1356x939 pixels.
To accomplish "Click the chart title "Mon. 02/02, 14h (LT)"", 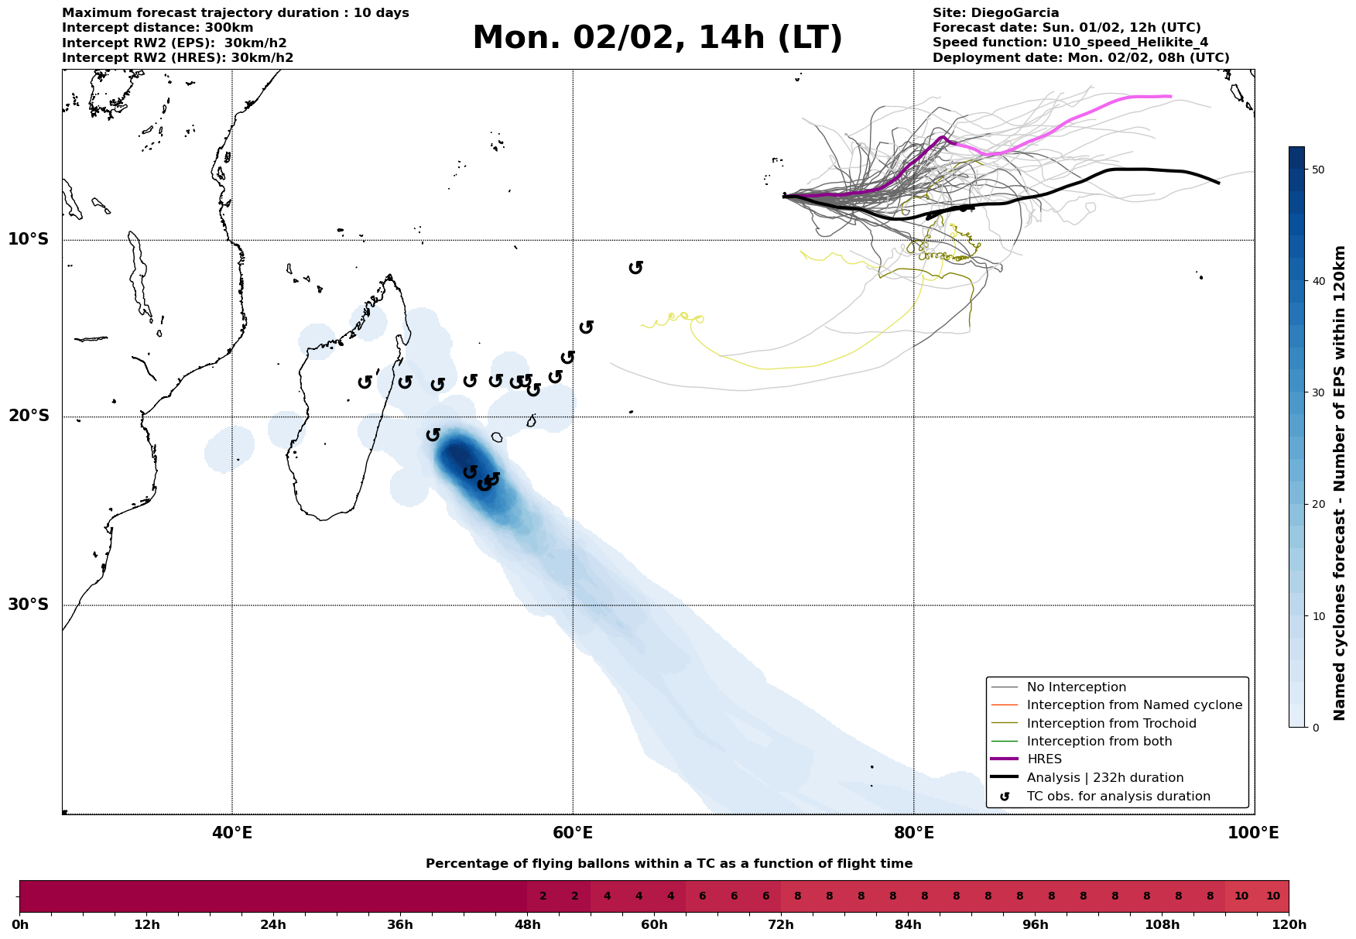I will [657, 38].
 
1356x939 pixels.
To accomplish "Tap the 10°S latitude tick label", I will [29, 238].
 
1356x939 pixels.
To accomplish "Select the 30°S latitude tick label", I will [29, 604].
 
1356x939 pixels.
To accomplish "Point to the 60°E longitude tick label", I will [573, 833].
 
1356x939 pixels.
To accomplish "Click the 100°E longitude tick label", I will [1254, 833].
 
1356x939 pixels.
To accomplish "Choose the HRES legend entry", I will [1044, 759].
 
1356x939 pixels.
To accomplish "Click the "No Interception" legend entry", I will [1076, 687].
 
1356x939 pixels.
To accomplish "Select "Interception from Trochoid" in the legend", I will [1111, 724].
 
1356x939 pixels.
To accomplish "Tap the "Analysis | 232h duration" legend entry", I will [1104, 778].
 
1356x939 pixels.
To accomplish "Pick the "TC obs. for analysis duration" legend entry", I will [1118, 797].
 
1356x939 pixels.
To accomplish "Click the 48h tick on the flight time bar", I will [527, 924].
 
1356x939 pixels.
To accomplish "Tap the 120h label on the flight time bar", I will [1288, 924].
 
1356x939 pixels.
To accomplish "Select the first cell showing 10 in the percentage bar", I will [1241, 896].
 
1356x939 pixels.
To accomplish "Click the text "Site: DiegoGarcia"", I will [995, 13].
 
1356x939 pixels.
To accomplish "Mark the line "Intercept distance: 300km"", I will [157, 28].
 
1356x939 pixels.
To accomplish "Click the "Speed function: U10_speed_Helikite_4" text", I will [1070, 43].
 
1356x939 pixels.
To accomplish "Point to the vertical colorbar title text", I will [1340, 483].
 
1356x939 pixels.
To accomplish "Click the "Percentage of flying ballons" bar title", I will [669, 864].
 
